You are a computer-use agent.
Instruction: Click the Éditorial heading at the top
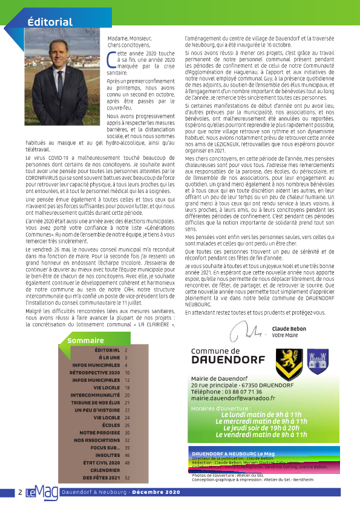coord(50,22)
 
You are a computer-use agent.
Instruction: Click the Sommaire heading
coord(85,341)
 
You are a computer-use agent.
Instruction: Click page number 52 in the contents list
coord(127,478)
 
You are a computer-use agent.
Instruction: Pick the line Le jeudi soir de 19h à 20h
coord(261,428)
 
